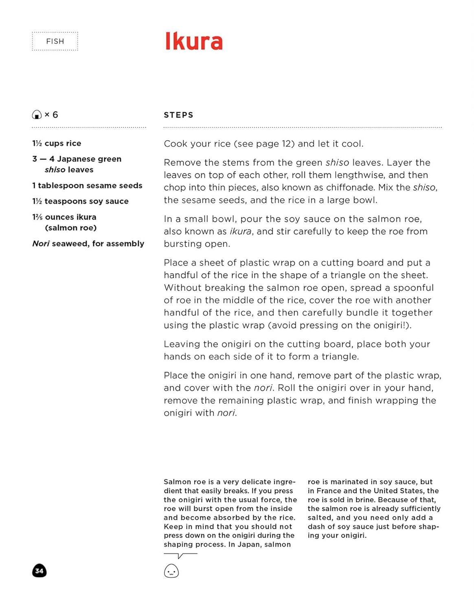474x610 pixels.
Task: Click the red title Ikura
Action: (194, 41)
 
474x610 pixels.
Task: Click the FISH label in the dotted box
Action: (55, 41)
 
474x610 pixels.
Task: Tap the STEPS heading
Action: (178, 115)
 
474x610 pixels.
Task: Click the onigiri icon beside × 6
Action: (37, 115)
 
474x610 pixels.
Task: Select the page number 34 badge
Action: (39, 571)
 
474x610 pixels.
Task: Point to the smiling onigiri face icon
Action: (171, 571)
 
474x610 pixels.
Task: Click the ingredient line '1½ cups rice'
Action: (57, 143)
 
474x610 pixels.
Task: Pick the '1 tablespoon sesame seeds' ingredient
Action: (87, 185)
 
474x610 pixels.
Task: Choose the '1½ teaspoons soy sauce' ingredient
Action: (80, 201)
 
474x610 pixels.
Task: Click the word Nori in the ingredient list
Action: (41, 244)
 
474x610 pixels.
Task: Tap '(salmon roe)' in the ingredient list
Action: (71, 228)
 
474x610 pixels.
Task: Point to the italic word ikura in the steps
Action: (240, 231)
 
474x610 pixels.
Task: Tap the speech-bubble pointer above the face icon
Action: (180, 556)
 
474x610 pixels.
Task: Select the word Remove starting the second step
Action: (181, 163)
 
